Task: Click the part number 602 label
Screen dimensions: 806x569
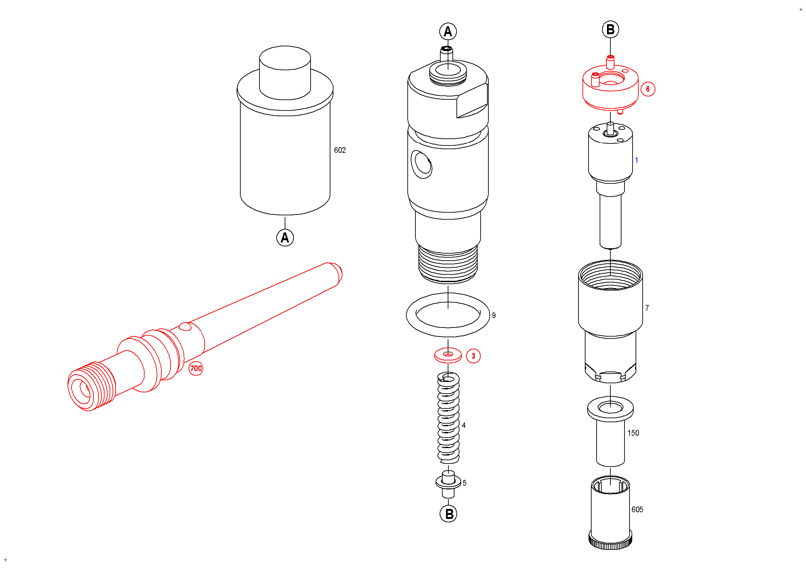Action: (x=339, y=150)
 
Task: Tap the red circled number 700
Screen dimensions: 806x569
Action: (x=196, y=368)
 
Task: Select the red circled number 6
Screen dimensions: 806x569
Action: (x=648, y=89)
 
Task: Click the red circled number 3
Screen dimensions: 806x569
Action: (x=473, y=356)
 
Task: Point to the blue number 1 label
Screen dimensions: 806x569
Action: (x=637, y=160)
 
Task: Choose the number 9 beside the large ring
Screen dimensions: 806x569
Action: (x=494, y=315)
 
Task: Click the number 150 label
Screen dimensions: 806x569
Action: (x=633, y=433)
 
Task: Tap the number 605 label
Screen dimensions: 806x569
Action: (x=637, y=509)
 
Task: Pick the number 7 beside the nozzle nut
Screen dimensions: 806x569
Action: (x=647, y=308)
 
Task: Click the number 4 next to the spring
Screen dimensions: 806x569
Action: (x=464, y=425)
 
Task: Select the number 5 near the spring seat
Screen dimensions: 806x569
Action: (x=465, y=483)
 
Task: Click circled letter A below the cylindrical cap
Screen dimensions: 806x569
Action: (x=285, y=238)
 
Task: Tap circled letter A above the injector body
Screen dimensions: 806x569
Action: (x=448, y=32)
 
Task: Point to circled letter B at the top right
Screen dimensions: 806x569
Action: (x=610, y=30)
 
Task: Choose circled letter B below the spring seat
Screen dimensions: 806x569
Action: (x=449, y=514)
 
